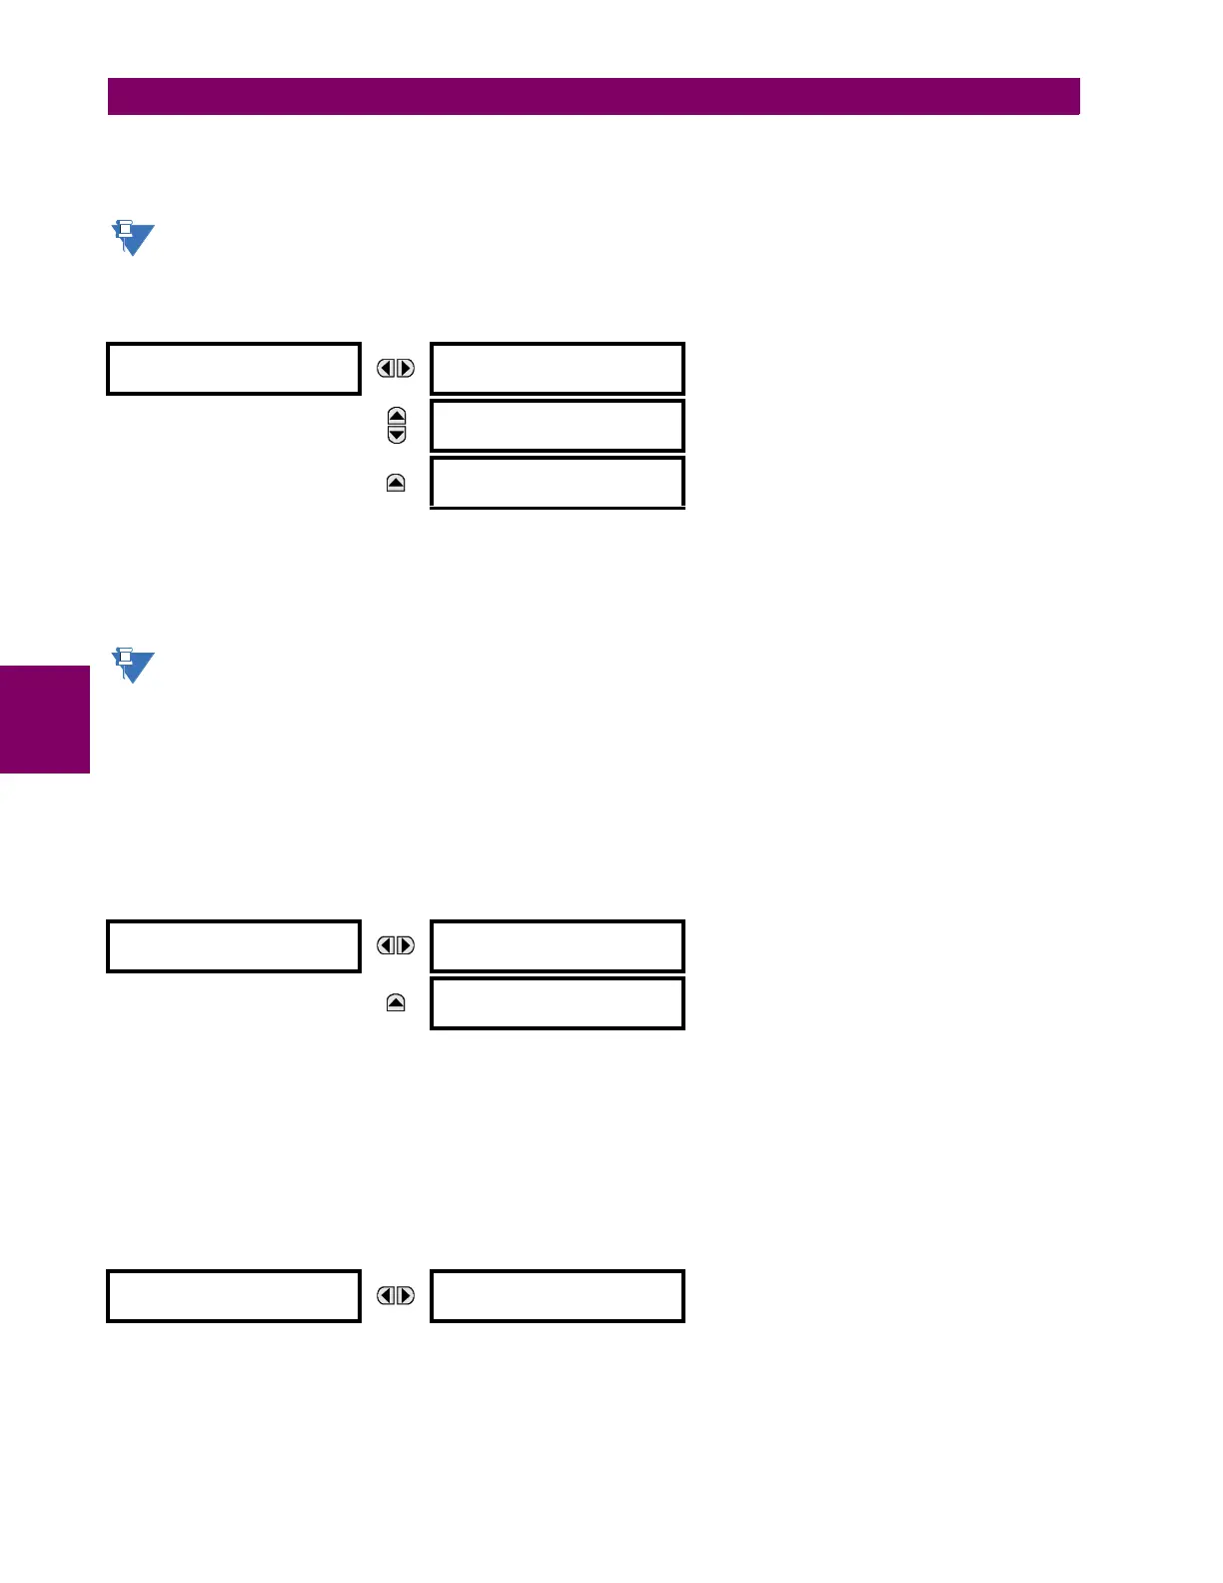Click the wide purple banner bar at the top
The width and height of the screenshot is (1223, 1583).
(594, 97)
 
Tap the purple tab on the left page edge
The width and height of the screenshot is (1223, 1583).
(44, 719)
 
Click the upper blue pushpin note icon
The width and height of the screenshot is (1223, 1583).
(132, 238)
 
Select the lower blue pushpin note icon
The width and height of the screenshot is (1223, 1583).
(132, 665)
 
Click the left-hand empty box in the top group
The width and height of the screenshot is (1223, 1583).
(233, 369)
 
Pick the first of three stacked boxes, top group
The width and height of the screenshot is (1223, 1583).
(557, 369)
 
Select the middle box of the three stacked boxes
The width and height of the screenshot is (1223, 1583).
(557, 426)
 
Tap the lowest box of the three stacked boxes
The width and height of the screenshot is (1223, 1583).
(557, 483)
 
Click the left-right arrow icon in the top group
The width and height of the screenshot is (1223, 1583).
(396, 369)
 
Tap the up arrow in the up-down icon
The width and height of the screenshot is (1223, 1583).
(397, 417)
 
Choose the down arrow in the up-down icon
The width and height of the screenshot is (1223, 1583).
(397, 435)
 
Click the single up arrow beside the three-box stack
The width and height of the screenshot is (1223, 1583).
(396, 484)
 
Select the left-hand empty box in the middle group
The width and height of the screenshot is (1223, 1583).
(233, 946)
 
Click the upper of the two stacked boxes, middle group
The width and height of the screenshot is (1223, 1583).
(557, 946)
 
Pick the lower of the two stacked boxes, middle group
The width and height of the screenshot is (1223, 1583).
(557, 1003)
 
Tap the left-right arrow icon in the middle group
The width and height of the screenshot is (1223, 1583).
(396, 945)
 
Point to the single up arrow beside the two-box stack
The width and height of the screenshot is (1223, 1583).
(396, 1003)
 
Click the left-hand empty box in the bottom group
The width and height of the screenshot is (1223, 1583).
(233, 1296)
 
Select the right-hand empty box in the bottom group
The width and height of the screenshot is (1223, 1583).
(557, 1296)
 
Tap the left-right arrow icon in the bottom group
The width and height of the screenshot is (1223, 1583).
(396, 1296)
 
